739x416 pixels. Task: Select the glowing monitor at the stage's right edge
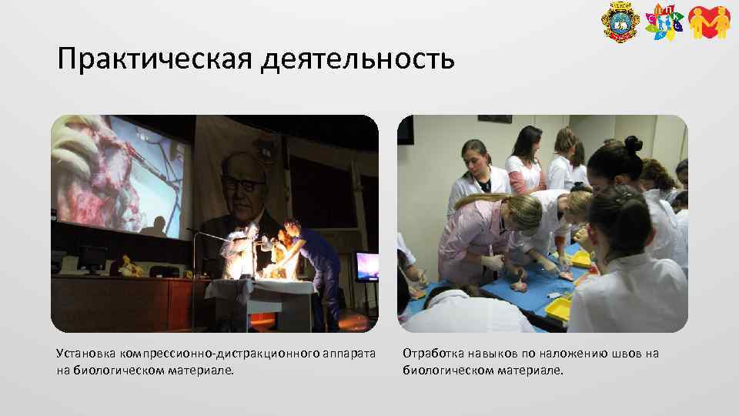[x=366, y=265]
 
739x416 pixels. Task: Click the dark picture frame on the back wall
[x=494, y=119]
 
